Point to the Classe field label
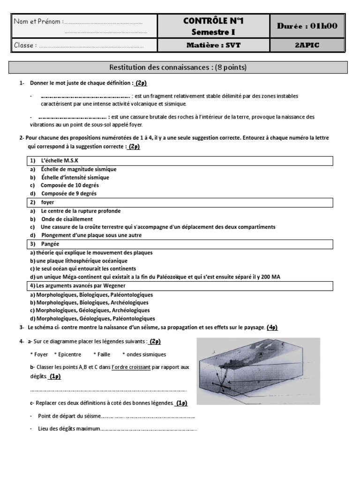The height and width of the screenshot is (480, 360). (25, 45)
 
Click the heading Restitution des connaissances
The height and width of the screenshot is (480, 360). (161, 67)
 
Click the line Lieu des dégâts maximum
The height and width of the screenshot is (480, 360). (69, 428)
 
